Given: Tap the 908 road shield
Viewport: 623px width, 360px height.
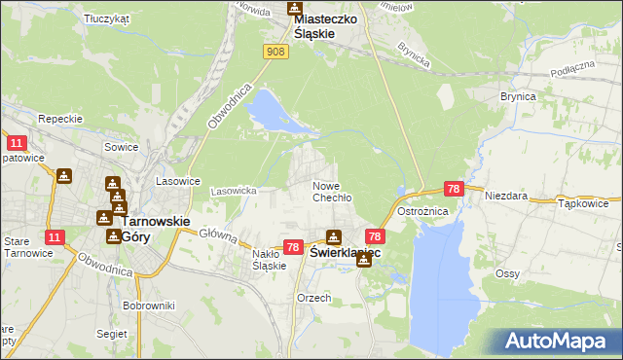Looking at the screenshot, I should click(275, 52).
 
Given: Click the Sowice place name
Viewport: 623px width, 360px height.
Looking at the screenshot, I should click(122, 148).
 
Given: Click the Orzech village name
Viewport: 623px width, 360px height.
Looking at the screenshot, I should click(314, 298).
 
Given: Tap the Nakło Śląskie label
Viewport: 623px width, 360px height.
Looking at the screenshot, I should click(268, 260).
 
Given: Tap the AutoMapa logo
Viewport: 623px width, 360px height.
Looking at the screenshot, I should click(559, 341).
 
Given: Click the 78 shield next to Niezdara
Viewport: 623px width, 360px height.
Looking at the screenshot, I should click(453, 188).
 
